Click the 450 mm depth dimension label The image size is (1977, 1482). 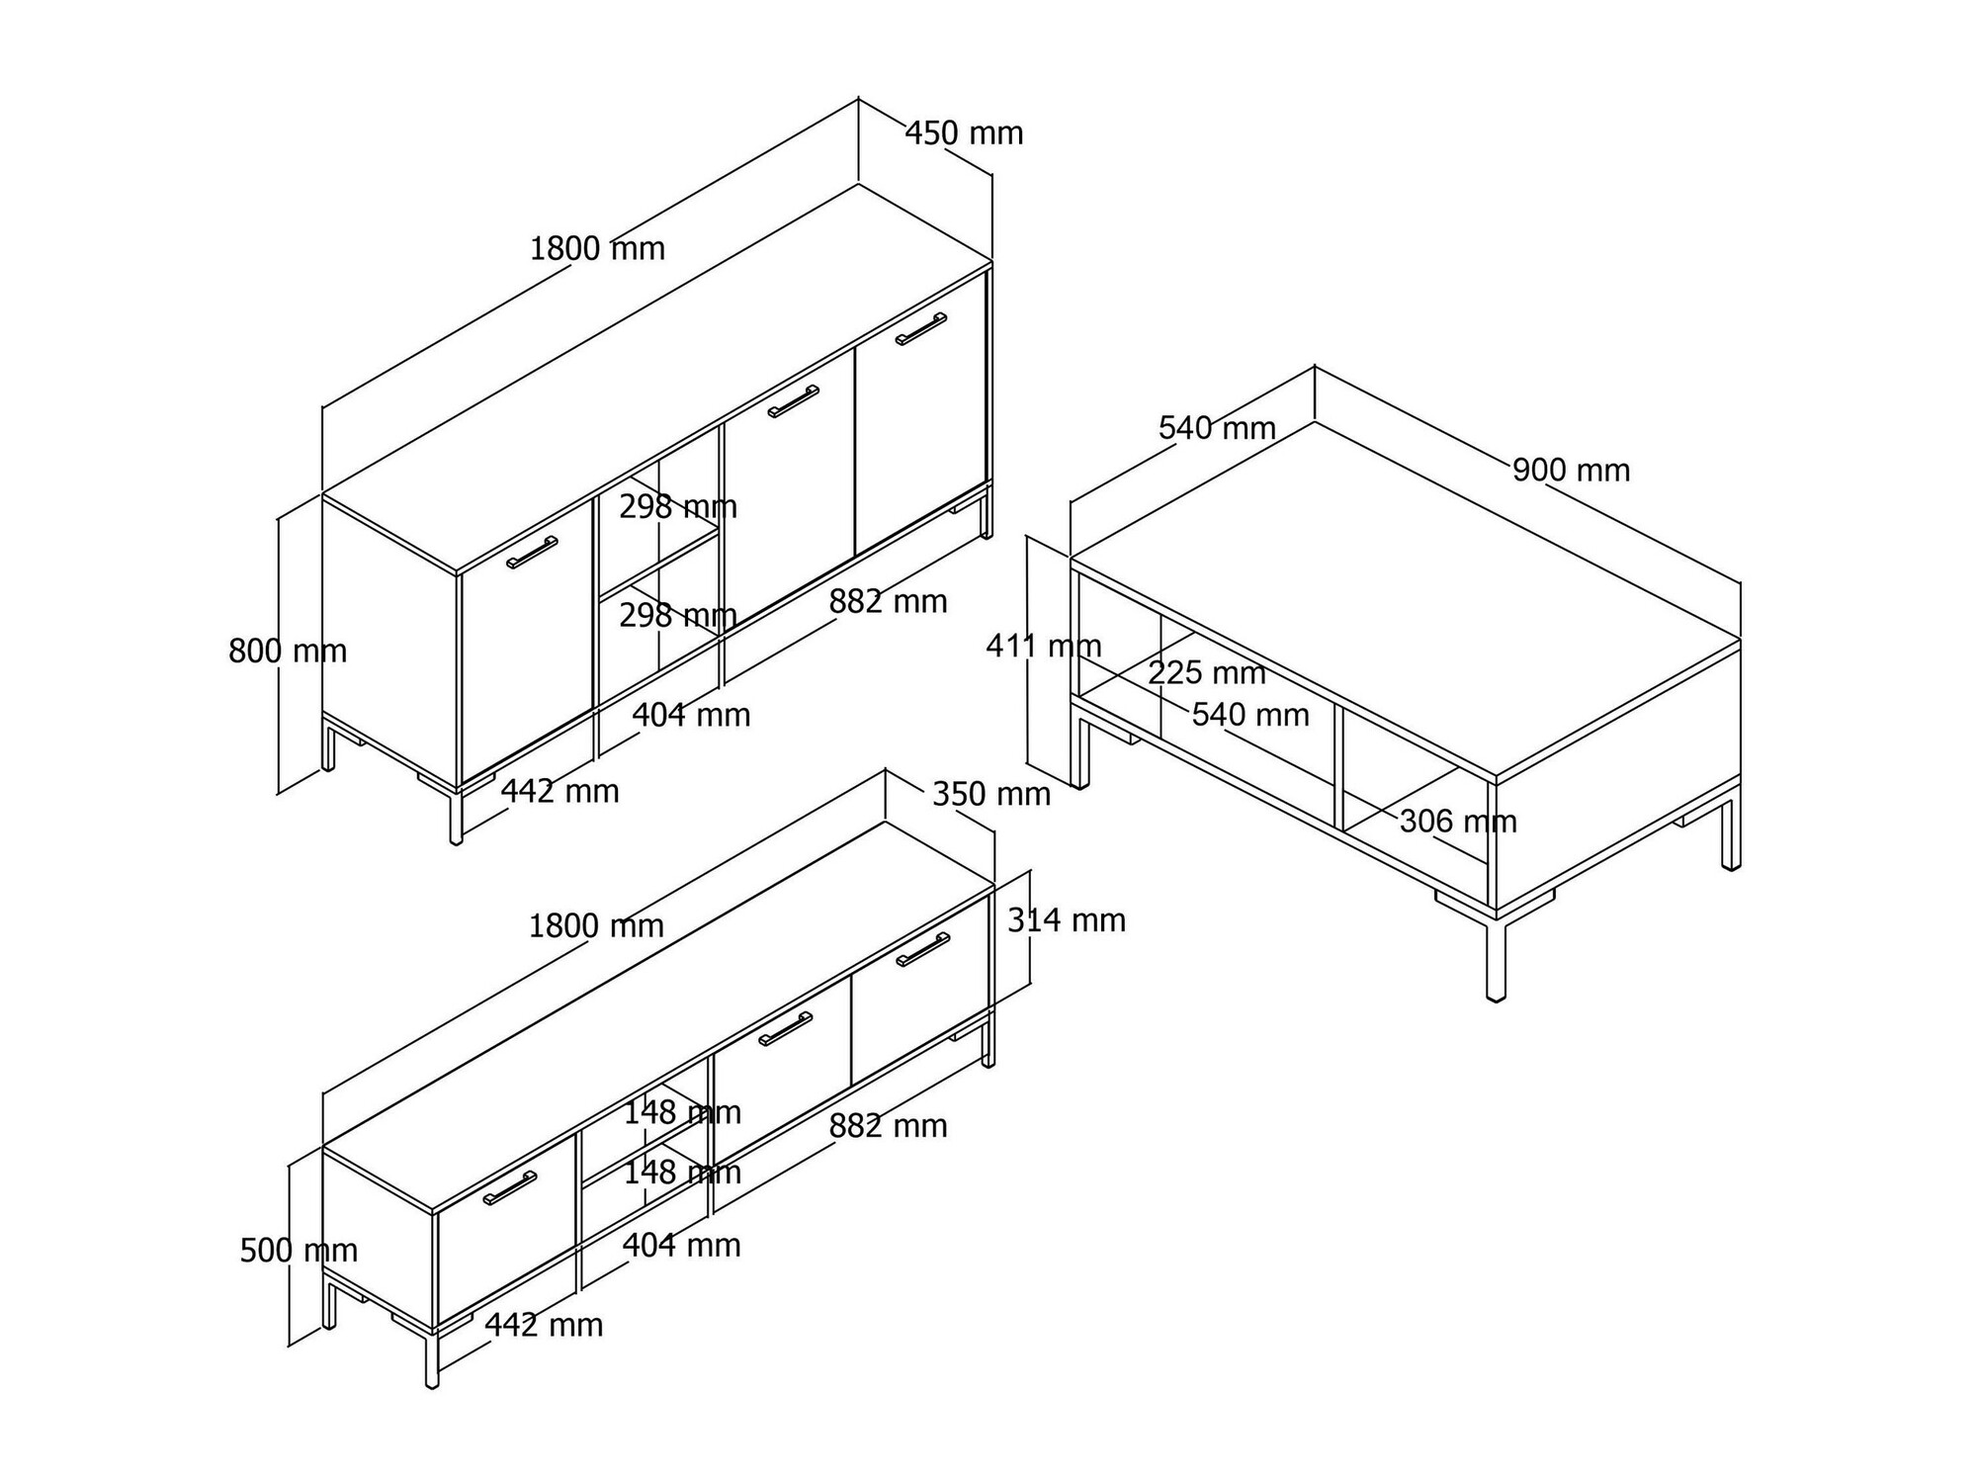coord(964,133)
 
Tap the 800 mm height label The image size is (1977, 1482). coord(288,652)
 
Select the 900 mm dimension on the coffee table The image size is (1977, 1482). coord(1571,471)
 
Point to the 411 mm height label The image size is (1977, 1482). coord(1044,647)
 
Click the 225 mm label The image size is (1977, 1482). coord(1207,673)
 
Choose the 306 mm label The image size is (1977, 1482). coord(1458,822)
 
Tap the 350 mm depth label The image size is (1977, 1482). coord(991,794)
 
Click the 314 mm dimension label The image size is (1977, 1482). coord(1067,920)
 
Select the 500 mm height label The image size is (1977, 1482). coord(299,1251)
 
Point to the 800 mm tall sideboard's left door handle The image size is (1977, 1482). coord(532,553)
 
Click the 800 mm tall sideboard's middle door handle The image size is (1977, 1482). coord(794,401)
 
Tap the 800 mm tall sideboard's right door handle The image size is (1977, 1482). coord(921,328)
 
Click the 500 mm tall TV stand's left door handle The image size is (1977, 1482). coord(510,1188)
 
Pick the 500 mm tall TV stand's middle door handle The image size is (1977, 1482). coord(786,1029)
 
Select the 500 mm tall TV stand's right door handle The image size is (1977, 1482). coord(923,949)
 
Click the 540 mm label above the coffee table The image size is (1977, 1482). coord(1217,428)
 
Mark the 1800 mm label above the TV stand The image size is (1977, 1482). coord(596,926)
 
